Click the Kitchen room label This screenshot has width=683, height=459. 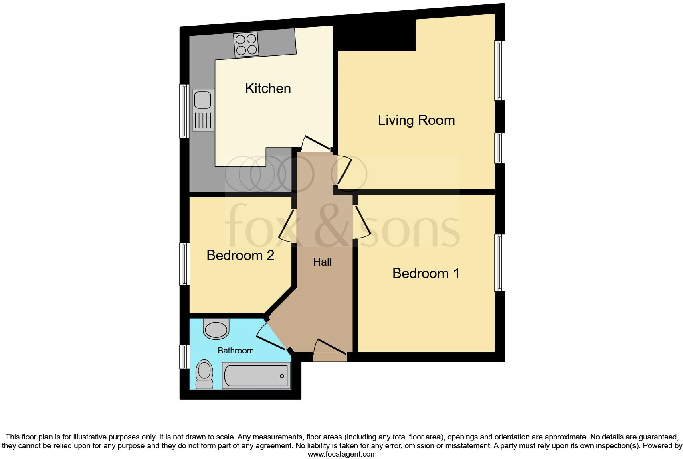click(268, 88)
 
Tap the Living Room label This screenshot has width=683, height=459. click(416, 120)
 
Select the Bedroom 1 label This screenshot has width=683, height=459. click(425, 273)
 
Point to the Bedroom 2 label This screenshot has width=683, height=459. click(240, 255)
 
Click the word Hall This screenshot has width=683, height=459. click(322, 262)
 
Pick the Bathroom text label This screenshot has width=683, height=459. click(235, 351)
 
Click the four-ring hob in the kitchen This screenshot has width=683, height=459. click(246, 44)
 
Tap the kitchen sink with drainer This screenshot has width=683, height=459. click(203, 110)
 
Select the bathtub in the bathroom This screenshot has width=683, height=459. click(257, 376)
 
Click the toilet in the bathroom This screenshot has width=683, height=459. click(204, 374)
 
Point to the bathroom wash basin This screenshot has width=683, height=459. click(216, 329)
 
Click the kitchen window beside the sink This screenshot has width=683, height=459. click(184, 111)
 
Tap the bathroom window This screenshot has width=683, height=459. click(184, 356)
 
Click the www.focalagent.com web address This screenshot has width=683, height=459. click(342, 454)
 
